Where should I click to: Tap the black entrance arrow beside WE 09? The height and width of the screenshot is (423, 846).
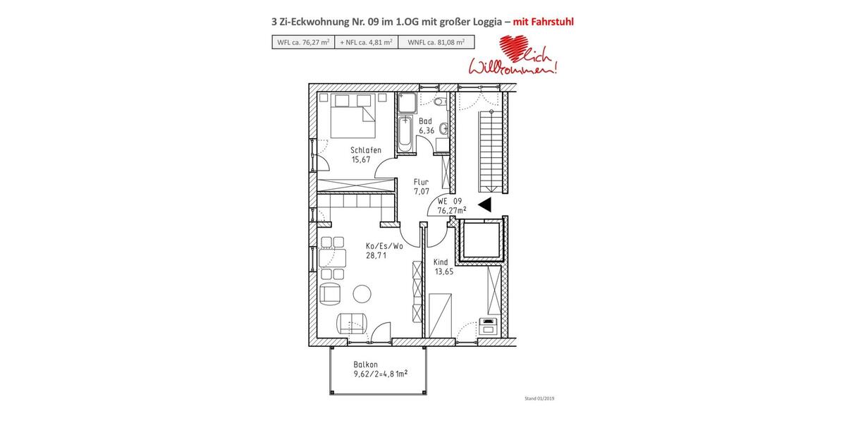(x=484, y=205)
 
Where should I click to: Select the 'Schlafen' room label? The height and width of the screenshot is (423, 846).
(x=366, y=150)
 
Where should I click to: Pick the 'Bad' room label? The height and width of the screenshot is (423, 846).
(x=425, y=121)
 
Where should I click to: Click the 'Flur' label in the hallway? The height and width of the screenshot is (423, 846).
(x=421, y=182)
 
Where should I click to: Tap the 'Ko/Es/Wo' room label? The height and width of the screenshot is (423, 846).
(x=384, y=246)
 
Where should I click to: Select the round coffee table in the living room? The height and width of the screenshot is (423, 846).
(x=362, y=293)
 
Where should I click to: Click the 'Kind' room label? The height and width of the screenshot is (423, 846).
(x=441, y=262)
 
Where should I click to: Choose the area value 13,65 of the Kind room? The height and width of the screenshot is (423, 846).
(x=443, y=271)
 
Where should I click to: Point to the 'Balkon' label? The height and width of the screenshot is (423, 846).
(x=366, y=364)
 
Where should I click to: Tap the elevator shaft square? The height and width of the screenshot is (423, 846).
(x=481, y=240)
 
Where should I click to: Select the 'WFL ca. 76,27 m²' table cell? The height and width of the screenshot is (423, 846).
(x=303, y=42)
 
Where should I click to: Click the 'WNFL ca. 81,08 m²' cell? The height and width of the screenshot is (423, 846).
(x=436, y=42)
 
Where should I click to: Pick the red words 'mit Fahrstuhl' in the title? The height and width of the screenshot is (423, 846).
(x=543, y=22)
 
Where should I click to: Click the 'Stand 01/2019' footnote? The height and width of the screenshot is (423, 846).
(x=539, y=398)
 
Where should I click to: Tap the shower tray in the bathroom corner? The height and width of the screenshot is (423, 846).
(x=407, y=104)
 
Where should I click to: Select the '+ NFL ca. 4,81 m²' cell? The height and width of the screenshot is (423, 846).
(x=366, y=42)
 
